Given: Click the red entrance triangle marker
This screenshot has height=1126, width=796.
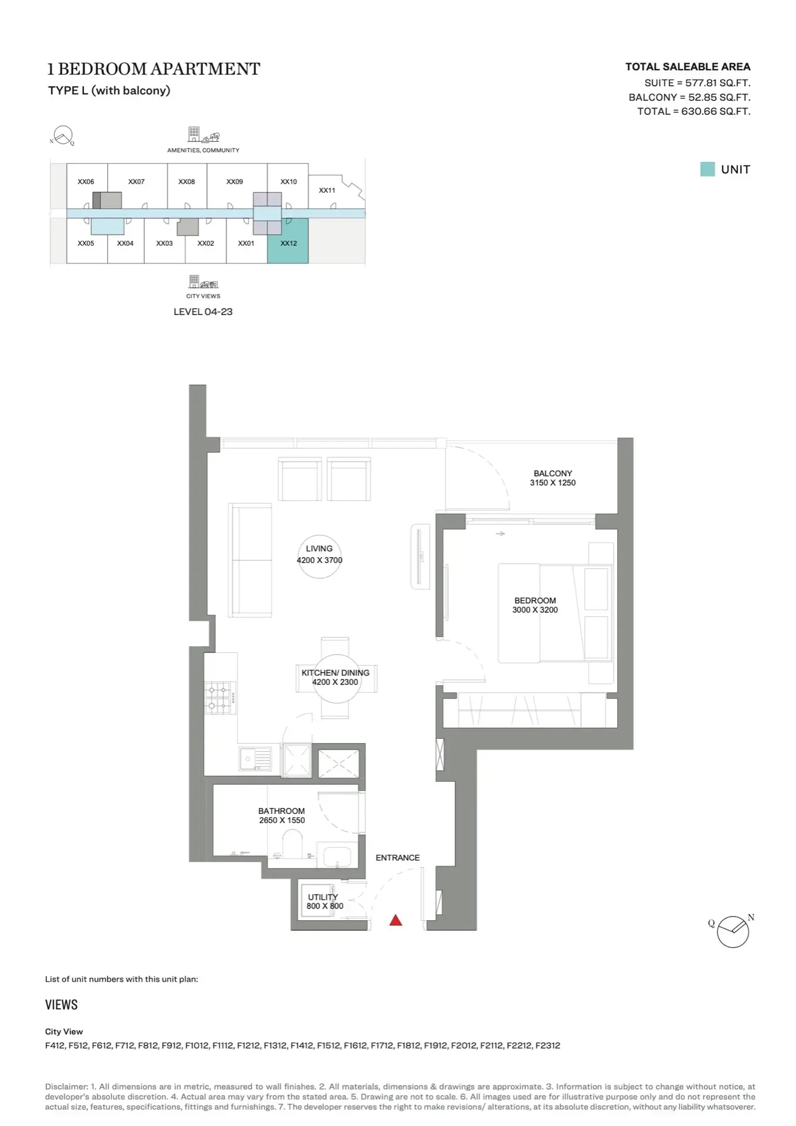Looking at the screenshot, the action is click(396, 920).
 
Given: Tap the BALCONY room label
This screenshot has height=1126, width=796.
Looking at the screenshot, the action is click(553, 473).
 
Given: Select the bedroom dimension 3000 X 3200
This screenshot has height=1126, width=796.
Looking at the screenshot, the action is click(535, 610).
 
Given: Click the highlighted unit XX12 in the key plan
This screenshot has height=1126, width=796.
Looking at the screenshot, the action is click(288, 240).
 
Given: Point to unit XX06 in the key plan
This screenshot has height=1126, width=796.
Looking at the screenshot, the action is click(86, 182).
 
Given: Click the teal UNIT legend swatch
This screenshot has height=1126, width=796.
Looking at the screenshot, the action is click(707, 169).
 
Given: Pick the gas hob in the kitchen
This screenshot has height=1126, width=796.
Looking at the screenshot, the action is click(220, 697).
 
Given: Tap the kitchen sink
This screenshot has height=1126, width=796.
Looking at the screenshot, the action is click(256, 758).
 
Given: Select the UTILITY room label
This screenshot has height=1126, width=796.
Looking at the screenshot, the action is click(323, 897).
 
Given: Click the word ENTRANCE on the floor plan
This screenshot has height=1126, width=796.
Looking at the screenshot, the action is click(398, 857).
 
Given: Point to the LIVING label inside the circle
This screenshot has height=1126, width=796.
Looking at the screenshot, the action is click(319, 549).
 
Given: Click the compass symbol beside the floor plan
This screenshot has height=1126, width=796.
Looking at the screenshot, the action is click(733, 931).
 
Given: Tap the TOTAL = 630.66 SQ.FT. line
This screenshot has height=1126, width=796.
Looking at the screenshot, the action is click(694, 111).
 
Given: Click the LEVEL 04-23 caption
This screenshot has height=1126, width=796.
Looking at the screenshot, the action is click(203, 312).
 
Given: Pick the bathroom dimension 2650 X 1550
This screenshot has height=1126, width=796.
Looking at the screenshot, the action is click(282, 820).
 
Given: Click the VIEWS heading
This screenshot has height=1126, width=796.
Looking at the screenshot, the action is click(62, 1005).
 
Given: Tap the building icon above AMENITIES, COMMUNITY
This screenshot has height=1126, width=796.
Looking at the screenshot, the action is click(194, 134).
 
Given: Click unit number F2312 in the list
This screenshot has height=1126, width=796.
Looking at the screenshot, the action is click(548, 1045).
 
